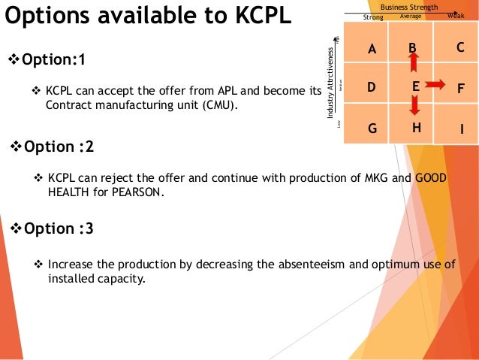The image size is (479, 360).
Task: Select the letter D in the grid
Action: click(x=371, y=87)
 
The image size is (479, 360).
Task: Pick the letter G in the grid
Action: click(x=372, y=129)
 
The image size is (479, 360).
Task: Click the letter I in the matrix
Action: click(x=462, y=130)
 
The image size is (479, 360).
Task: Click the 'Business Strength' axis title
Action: click(x=409, y=7)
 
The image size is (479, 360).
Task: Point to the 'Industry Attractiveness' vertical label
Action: click(x=330, y=83)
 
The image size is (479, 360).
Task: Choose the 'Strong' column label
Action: click(x=372, y=16)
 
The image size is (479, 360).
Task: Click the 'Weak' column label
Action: click(x=456, y=15)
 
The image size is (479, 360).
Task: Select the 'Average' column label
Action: click(x=411, y=15)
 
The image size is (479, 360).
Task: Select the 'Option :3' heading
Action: click(x=56, y=228)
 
